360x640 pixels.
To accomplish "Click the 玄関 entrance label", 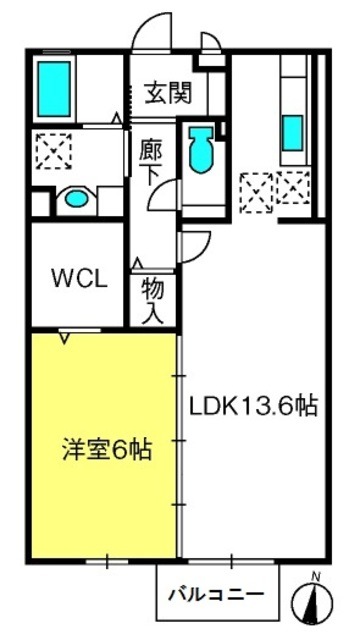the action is [169, 93].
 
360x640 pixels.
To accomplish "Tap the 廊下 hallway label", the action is [150, 162].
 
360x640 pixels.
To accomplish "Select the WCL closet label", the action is [80, 279].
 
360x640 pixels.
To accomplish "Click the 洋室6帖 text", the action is [107, 449].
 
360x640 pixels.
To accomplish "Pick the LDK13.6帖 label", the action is [253, 406].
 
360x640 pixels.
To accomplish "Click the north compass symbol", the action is [312, 603].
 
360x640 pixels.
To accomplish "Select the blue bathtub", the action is [54, 89].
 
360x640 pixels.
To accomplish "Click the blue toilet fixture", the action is [201, 149].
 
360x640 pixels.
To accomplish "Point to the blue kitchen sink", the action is [293, 133].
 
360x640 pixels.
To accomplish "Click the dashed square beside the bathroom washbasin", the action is [53, 151].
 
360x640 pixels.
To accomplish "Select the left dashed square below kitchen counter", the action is [256, 192].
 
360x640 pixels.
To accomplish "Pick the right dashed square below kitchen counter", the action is [293, 188].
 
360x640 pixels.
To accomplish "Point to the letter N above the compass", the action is [315, 576].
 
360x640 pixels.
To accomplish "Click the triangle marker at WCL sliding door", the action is [64, 338].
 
